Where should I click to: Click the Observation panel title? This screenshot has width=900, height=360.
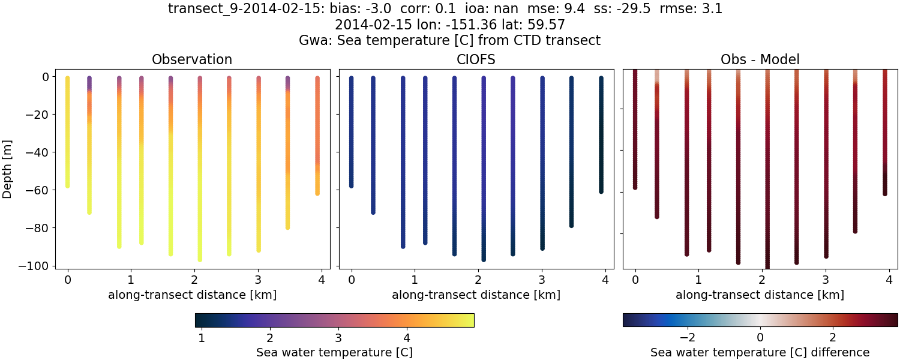[192, 59]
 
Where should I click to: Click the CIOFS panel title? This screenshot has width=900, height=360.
[476, 59]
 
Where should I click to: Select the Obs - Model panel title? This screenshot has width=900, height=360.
[760, 59]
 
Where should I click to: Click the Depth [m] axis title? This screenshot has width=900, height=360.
[8, 171]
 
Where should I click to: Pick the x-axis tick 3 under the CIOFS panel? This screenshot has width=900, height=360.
[542, 280]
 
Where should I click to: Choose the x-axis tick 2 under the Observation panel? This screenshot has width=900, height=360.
[194, 280]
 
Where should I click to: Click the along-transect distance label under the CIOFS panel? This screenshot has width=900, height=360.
[476, 295]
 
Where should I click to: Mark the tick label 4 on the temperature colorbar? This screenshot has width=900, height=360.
[407, 337]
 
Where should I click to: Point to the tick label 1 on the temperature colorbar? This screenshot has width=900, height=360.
[202, 337]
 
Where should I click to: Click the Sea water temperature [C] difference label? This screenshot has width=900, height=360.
[760, 352]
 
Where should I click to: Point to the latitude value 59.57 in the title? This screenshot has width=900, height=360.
[547, 25]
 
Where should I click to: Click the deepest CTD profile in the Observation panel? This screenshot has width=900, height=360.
[200, 168]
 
